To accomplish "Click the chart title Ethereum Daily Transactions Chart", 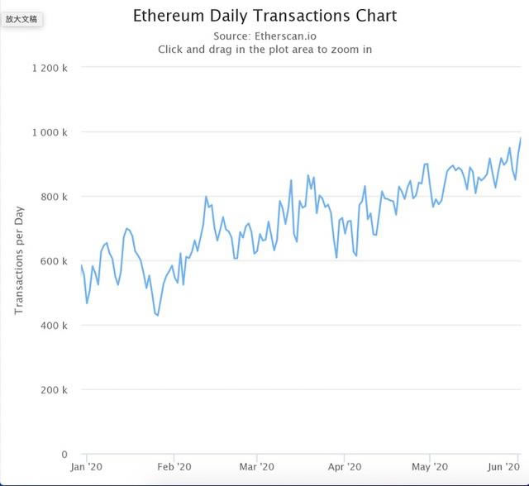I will coord(264,16).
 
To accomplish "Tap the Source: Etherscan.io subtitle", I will coord(264,36).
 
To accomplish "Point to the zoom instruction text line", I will coord(264,50).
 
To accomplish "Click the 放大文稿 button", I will coord(22,18).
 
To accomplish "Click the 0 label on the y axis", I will coord(64,455).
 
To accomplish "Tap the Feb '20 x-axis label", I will coord(174,468).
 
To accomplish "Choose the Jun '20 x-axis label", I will coord(503,468).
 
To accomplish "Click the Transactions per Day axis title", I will coord(19,261).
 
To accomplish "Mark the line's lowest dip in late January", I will coord(157,316).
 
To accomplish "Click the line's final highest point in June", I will coord(521,139).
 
